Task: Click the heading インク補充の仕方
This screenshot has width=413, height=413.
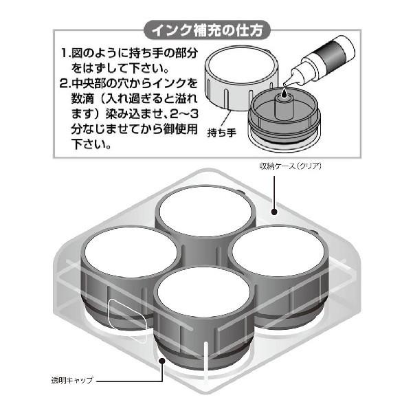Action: (x=207, y=31)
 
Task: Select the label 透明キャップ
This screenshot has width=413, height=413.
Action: (x=71, y=379)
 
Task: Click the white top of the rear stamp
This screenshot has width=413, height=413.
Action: (x=205, y=207)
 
